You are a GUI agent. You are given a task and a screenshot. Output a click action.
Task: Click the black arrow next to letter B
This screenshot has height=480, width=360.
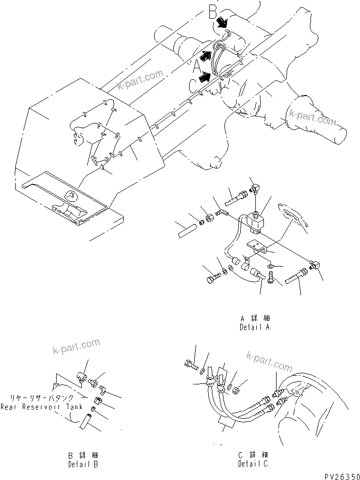click(x=221, y=23)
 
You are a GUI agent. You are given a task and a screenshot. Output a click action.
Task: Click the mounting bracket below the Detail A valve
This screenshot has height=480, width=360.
click(x=257, y=248)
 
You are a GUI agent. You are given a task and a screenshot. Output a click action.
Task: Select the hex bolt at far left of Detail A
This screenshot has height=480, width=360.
click(x=212, y=278)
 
